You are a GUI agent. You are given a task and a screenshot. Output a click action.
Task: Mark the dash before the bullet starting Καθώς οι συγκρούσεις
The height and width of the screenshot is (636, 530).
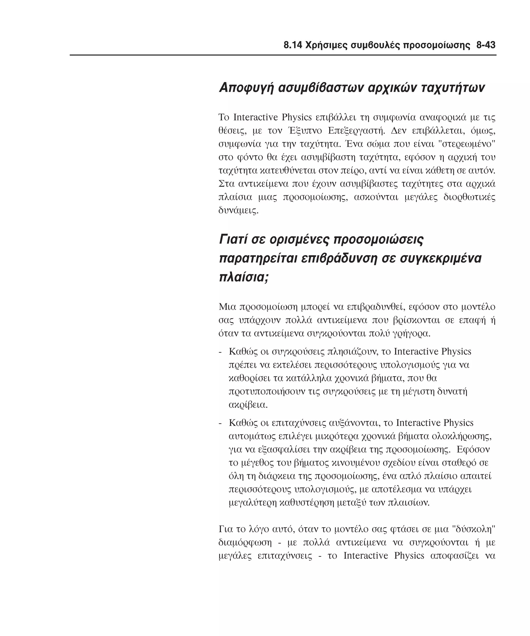coord(220,352)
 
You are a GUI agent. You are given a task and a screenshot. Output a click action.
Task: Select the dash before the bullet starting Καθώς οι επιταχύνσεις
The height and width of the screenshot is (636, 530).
coord(220,423)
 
